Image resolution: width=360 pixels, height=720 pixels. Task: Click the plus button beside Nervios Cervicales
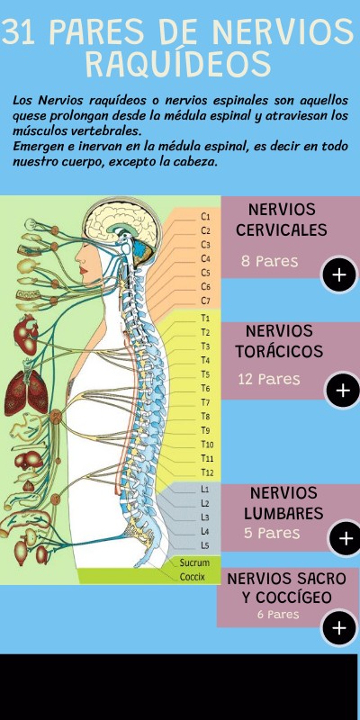point(339,274)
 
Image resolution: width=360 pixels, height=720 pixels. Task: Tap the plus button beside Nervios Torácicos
point(343,391)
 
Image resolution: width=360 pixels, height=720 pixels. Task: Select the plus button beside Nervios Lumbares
point(345,538)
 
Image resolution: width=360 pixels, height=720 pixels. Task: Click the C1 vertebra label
point(205,216)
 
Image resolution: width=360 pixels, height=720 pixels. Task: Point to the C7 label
point(205,301)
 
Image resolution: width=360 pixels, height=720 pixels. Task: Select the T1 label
point(205,318)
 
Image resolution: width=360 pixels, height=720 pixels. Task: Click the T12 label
point(207,472)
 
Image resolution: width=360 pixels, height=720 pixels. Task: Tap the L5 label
point(205,545)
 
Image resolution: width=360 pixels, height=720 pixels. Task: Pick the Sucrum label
point(194,562)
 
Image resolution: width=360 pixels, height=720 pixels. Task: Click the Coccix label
point(193,577)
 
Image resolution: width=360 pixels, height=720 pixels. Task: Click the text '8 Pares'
point(269,261)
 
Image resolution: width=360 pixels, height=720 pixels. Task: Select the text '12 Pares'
point(269,379)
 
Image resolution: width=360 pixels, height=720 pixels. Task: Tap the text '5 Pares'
point(272,533)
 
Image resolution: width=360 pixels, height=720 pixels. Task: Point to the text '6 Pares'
point(278,614)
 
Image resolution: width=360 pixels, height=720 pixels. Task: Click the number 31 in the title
point(20,32)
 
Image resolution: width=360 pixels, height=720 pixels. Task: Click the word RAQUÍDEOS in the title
point(178,64)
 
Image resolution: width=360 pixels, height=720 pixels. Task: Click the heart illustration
point(26,334)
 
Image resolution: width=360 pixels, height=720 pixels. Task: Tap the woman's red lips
point(84,269)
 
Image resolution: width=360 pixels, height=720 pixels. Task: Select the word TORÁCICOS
point(279,351)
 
